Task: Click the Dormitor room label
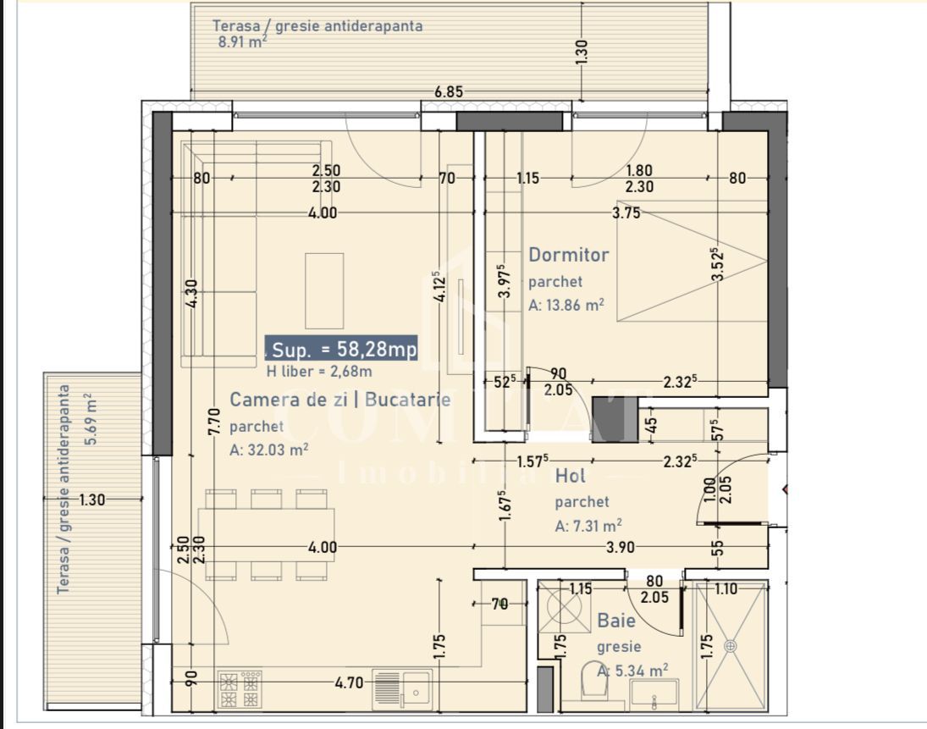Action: (x=568, y=254)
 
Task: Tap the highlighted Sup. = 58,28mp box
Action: (x=341, y=349)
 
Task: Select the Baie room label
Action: (x=617, y=621)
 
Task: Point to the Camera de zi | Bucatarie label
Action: (x=339, y=400)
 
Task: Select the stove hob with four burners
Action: (x=240, y=688)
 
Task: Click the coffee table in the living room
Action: (x=324, y=290)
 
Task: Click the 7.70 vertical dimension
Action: (x=214, y=420)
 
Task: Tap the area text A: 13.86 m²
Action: (x=566, y=305)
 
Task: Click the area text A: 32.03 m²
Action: (x=268, y=450)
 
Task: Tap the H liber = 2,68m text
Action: (x=320, y=370)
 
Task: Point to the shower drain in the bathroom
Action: (x=731, y=645)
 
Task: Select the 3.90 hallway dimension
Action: (x=621, y=548)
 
